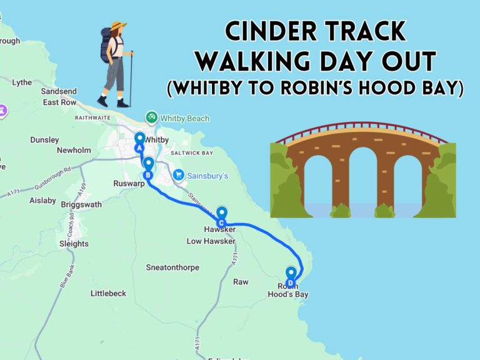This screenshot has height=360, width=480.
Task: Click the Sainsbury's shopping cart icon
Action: pyautogui.click(x=179, y=176)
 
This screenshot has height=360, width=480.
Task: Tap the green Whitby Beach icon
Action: pyautogui.click(x=151, y=117)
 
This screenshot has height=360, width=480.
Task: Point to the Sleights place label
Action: pyautogui.click(x=74, y=244)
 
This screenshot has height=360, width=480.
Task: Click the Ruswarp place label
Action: pyautogui.click(x=129, y=184)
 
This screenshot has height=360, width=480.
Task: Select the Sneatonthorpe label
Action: pyautogui.click(x=172, y=267)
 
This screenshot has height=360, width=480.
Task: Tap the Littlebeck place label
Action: pyautogui.click(x=108, y=293)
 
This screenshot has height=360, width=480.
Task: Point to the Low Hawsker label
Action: pyautogui.click(x=211, y=241)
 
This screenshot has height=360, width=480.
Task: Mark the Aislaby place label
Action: pyautogui.click(x=43, y=201)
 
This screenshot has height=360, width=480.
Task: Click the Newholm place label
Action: pyautogui.click(x=74, y=150)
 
